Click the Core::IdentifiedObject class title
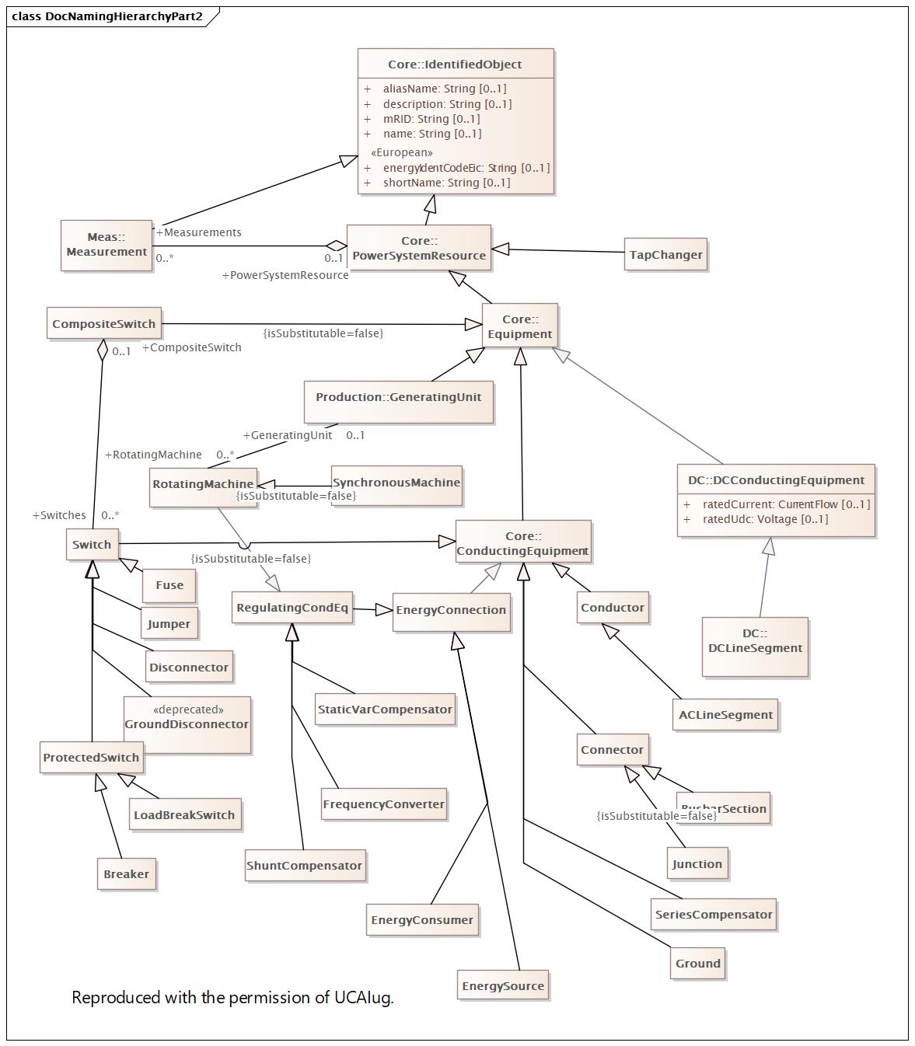point(455,65)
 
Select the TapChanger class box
point(665,255)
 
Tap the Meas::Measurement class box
point(107,245)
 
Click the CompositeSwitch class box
point(103,324)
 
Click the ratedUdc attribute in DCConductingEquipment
point(765,519)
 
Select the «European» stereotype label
point(402,152)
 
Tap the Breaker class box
point(126,874)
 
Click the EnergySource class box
point(503,986)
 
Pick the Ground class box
point(697,964)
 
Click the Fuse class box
point(169,585)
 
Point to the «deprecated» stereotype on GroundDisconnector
point(188,710)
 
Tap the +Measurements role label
point(199,232)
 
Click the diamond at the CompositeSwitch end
point(103,350)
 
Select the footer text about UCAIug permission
point(232,998)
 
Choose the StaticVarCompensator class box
point(385,710)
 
